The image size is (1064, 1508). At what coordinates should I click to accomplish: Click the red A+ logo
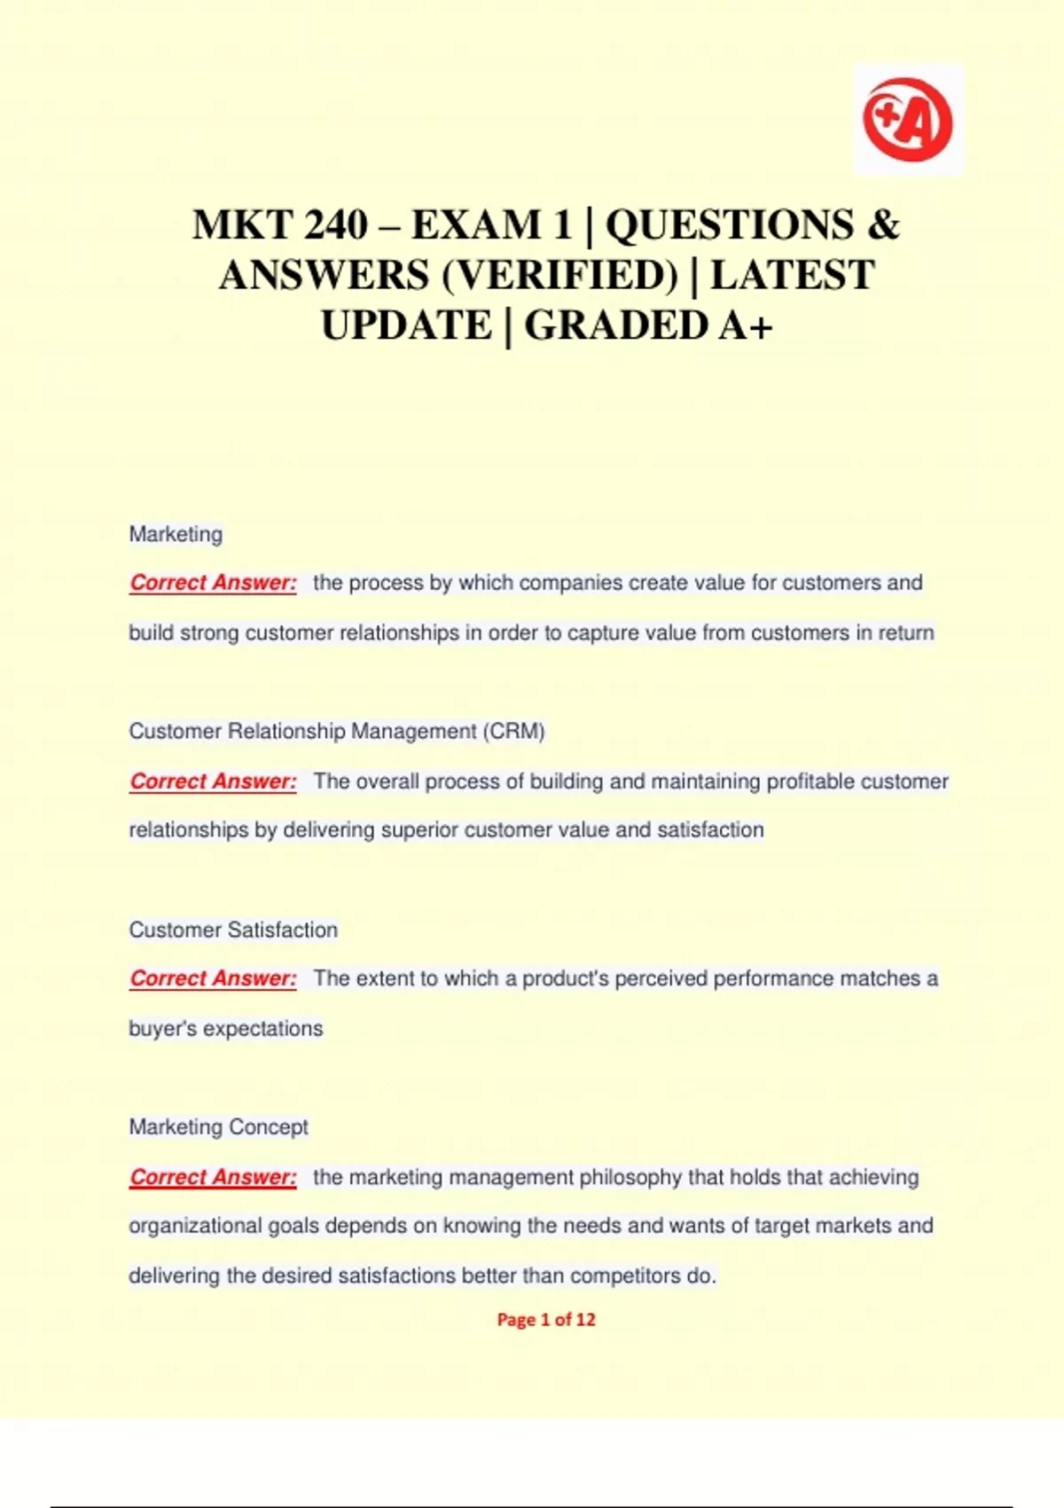pos(907,120)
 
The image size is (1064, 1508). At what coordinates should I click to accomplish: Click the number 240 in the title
pos(335,224)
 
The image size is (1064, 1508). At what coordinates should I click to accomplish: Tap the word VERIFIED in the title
pos(559,275)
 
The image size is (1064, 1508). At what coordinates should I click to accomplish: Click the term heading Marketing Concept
pos(218,1127)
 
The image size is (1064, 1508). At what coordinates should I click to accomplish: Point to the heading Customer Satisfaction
pos(233,930)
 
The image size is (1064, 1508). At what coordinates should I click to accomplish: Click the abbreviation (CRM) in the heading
pos(513,731)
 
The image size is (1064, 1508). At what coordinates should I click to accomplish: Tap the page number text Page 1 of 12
pos(546,1320)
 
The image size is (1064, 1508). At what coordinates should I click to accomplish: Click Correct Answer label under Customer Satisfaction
pos(213,978)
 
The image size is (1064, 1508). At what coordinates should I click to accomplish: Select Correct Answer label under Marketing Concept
pos(213,1177)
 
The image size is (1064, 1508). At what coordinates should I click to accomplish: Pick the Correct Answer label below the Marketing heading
pos(213,583)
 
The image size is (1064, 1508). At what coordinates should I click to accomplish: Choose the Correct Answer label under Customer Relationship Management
pos(213,781)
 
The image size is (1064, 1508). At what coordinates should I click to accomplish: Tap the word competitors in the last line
pos(624,1276)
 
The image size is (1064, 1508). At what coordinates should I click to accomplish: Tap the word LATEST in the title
pos(792,275)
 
